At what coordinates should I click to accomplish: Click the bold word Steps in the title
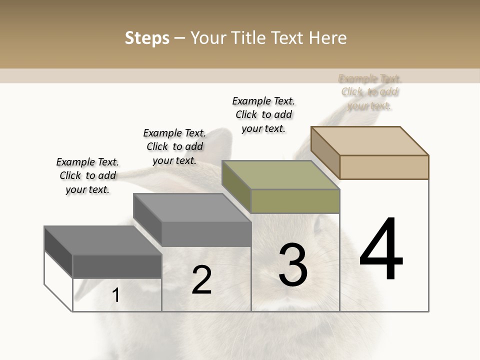click(147, 38)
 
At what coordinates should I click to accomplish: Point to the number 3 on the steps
click(293, 265)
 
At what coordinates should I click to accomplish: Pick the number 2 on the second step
click(201, 280)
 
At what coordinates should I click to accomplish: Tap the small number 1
click(116, 295)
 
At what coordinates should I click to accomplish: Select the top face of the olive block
click(280, 175)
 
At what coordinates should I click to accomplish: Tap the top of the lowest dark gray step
click(103, 240)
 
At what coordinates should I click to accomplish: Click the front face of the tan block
click(384, 167)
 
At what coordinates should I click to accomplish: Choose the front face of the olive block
click(295, 201)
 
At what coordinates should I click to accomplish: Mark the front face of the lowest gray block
click(117, 266)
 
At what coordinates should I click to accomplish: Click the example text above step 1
click(87, 175)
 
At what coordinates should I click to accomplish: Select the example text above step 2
click(174, 146)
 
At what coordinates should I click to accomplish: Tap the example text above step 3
click(263, 114)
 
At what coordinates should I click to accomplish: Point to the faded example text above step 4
click(370, 92)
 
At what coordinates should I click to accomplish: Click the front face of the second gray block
click(206, 234)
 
